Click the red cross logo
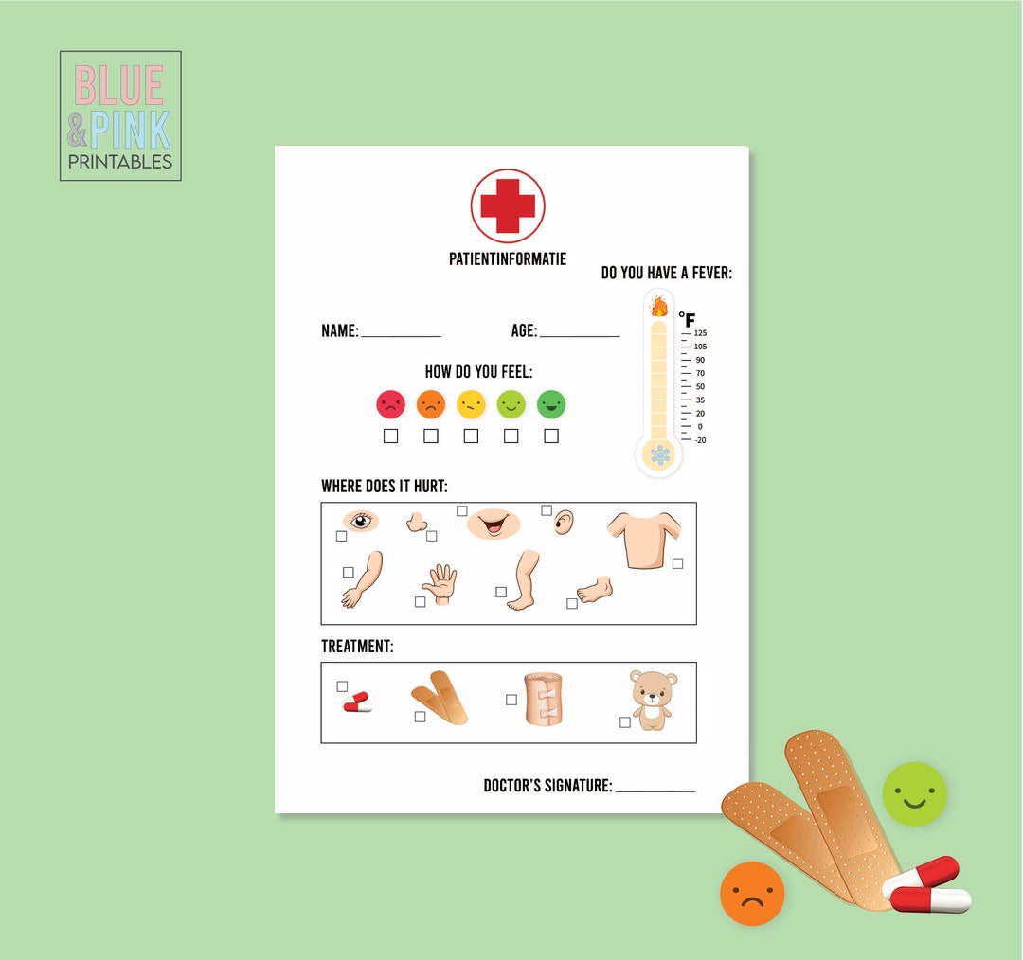point(508,205)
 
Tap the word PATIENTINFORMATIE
point(508,258)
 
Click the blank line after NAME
point(401,335)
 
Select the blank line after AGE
point(579,335)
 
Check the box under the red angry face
point(390,436)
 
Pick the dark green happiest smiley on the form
point(550,404)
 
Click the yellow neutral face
point(471,404)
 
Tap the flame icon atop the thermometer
point(658,306)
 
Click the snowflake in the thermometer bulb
point(659,455)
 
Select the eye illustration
point(360,520)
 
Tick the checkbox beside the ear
point(547,510)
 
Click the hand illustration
point(440,584)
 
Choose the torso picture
point(643,538)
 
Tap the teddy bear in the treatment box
point(652,700)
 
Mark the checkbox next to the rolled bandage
point(511,700)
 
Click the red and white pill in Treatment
point(357,702)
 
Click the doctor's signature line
point(655,790)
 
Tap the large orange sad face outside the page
point(752,894)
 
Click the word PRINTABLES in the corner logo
point(120,162)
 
